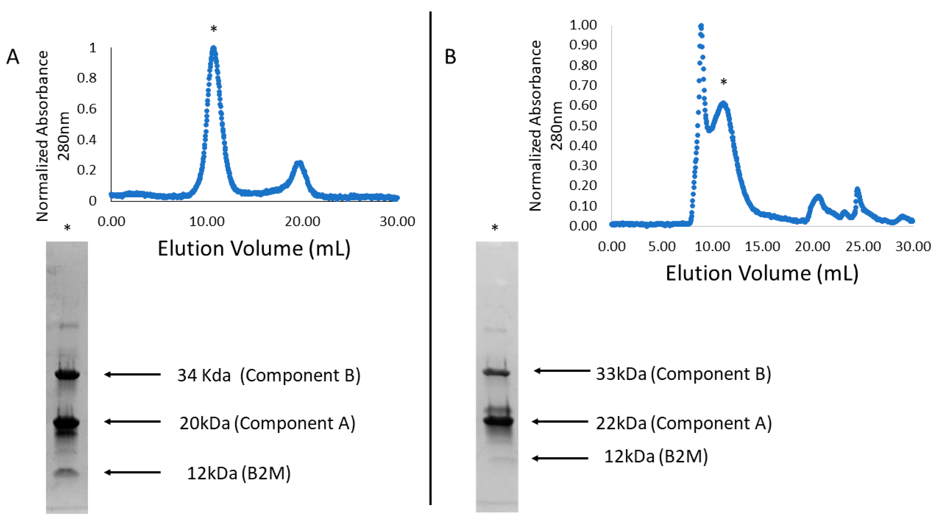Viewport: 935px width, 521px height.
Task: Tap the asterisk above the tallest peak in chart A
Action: tap(213, 29)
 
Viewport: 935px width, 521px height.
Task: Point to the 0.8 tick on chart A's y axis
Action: tap(87, 78)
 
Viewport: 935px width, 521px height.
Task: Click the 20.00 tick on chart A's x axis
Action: tap(302, 221)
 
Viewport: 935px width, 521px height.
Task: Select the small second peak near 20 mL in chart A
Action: tap(299, 164)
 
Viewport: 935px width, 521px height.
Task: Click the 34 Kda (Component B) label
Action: tap(269, 375)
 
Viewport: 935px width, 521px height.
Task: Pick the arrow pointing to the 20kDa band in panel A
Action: tap(132, 422)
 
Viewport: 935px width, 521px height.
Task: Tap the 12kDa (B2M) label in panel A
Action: tap(238, 473)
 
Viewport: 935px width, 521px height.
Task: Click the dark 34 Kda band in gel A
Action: tap(67, 375)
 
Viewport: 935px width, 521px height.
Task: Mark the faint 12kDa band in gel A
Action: tap(67, 472)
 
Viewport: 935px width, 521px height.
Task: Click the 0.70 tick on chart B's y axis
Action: tap(583, 85)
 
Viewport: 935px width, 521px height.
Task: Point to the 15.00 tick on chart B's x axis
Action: tap(762, 247)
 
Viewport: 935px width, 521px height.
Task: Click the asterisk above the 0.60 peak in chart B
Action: tap(723, 82)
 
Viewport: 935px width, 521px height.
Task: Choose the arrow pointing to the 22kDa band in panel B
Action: tap(560, 422)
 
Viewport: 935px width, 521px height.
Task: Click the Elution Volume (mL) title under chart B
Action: tap(762, 273)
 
